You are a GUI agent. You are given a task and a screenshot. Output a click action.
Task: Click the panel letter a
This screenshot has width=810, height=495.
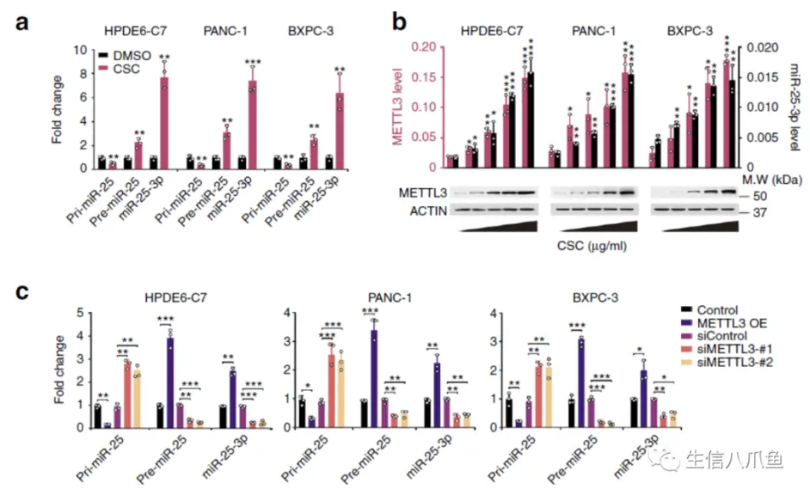point(21,23)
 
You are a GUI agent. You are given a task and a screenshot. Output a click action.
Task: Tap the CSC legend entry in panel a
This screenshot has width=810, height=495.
point(120,69)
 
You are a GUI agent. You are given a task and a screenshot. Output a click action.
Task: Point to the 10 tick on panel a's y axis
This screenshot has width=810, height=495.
point(80,50)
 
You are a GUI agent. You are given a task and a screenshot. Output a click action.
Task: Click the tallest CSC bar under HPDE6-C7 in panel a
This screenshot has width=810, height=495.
point(164,123)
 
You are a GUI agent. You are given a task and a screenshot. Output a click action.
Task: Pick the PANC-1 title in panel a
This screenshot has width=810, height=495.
point(225,31)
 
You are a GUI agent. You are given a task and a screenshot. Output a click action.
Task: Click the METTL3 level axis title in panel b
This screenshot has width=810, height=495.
point(397,107)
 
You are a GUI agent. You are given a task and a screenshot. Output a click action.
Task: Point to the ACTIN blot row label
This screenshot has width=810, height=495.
point(428,211)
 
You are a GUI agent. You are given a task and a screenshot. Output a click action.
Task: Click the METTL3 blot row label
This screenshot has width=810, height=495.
point(422,193)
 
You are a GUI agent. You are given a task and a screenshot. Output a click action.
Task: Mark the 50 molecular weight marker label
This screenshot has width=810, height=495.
point(760,196)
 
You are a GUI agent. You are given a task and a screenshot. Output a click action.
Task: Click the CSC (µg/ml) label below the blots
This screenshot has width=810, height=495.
point(592,246)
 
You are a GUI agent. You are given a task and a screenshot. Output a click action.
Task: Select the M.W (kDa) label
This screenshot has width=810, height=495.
point(772,180)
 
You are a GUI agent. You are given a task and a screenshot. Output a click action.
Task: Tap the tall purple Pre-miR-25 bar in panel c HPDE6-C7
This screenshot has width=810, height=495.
point(170,382)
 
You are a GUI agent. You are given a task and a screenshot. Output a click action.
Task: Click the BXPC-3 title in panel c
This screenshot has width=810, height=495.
point(595,298)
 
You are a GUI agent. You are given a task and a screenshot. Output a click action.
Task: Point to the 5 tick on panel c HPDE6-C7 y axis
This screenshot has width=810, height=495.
point(80,313)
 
